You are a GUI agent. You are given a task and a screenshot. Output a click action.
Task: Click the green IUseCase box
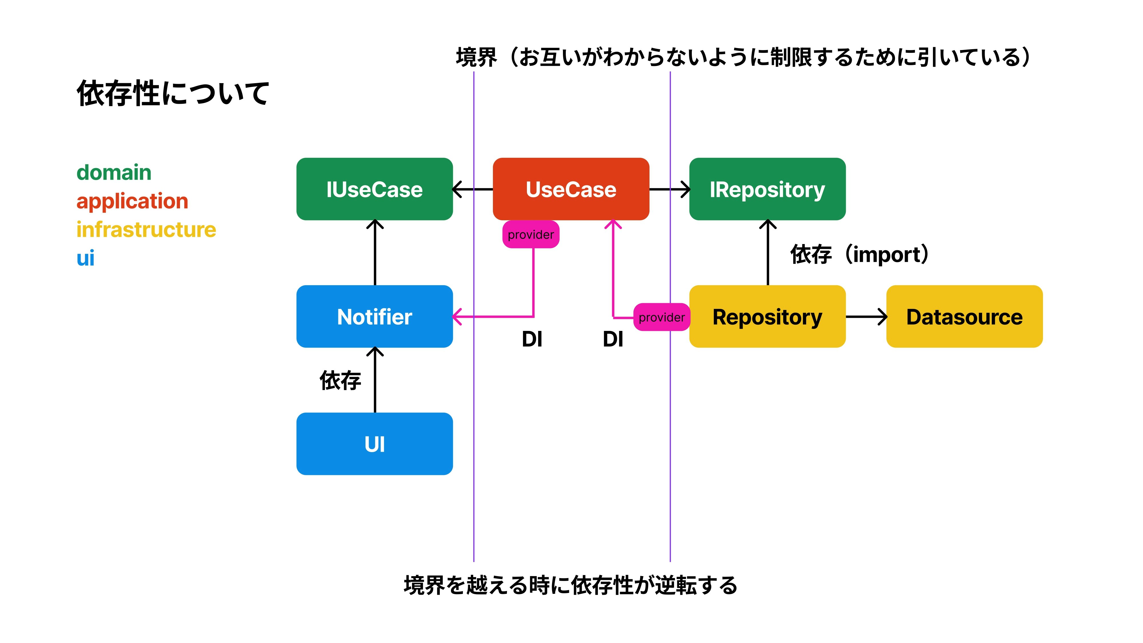coord(375,189)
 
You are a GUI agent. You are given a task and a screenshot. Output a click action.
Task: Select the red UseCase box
coord(571,189)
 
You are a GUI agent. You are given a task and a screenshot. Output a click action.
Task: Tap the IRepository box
coord(767,189)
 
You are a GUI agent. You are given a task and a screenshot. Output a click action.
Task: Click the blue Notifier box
coord(375,316)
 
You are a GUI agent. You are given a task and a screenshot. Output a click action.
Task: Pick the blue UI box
coord(375,444)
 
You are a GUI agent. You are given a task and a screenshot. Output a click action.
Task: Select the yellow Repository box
coord(767,316)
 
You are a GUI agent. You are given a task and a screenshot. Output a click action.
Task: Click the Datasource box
coord(964,316)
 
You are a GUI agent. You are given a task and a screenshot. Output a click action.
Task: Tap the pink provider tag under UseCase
coord(531,234)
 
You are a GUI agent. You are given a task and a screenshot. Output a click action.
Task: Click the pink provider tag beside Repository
coord(661,317)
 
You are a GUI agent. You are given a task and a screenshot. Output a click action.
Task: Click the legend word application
coord(132,201)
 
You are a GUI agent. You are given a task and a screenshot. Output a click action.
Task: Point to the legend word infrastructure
coord(146,229)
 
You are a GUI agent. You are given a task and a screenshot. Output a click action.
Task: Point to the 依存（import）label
coord(859,254)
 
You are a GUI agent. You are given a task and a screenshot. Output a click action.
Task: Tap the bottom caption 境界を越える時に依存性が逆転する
coord(571,585)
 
